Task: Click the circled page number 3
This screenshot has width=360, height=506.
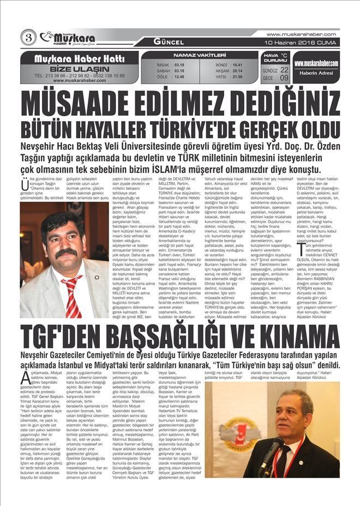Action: point(28,38)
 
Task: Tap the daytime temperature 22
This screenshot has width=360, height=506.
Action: point(284,70)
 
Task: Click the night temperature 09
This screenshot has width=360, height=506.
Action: point(284,78)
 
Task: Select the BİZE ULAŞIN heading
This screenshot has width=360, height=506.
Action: point(80,69)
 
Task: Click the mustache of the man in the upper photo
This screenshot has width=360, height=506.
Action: point(66,251)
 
